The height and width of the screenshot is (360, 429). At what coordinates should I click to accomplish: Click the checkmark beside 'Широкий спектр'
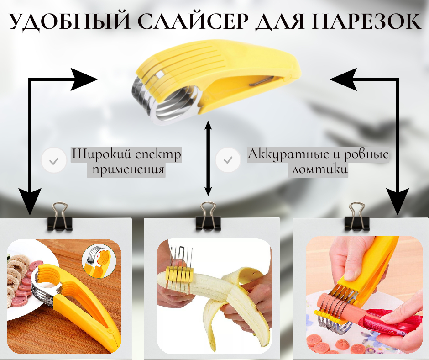(x=54, y=160)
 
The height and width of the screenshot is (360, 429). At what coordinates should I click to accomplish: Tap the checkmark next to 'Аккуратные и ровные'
(x=228, y=160)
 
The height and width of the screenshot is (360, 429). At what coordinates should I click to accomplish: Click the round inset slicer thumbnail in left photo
(x=99, y=261)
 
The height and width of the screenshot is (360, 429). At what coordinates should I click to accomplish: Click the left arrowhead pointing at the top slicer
(x=84, y=79)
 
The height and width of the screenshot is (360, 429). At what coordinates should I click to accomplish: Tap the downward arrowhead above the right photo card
(x=398, y=201)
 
